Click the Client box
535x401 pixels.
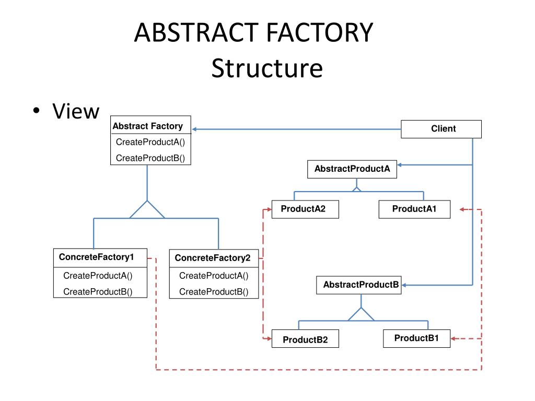[441, 129]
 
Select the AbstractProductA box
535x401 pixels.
[352, 169]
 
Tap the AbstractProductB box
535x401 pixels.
[358, 285]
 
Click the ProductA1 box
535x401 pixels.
[414, 209]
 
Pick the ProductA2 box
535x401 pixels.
[305, 209]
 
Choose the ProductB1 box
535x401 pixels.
[416, 338]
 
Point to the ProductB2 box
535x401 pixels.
[305, 338]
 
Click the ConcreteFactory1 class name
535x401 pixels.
[96, 257]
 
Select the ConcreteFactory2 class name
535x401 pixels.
[213, 258]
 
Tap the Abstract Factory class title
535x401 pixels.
[148, 126]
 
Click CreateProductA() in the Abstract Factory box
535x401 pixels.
[150, 142]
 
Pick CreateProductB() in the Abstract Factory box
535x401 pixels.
[150, 158]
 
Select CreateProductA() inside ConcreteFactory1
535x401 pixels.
[98, 276]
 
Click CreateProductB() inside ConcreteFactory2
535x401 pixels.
[214, 291]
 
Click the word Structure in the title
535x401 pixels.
[267, 68]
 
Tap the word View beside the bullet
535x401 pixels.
[76, 111]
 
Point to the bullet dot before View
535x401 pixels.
[37, 111]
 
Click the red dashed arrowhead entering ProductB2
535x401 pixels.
[269, 338]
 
